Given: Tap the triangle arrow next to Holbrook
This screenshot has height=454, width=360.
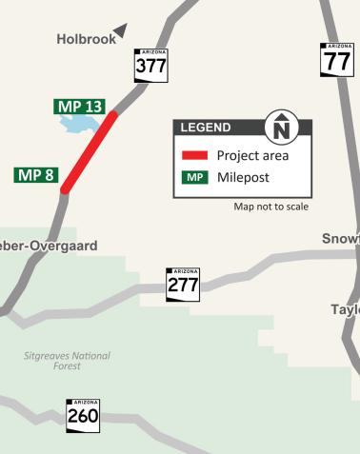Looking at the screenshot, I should [120, 31].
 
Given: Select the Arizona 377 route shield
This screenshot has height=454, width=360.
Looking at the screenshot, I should [150, 64].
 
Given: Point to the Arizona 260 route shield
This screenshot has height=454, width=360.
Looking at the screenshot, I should [83, 415].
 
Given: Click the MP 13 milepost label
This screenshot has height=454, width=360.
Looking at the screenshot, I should [78, 106].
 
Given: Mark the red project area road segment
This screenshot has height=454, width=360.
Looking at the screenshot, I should [90, 153].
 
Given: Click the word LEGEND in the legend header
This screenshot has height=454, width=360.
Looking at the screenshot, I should [206, 128].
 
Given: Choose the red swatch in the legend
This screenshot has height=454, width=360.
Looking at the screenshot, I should [195, 155].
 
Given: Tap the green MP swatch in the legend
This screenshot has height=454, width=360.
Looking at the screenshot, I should [195, 177].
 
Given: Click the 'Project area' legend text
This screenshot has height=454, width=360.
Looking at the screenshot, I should [252, 155].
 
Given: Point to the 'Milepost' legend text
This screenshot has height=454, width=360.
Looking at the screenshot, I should [244, 177].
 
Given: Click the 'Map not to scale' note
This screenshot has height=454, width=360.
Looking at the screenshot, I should [270, 207].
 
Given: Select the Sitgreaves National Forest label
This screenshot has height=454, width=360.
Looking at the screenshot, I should [67, 361].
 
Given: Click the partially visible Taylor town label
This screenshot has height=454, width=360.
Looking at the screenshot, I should [345, 310].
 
